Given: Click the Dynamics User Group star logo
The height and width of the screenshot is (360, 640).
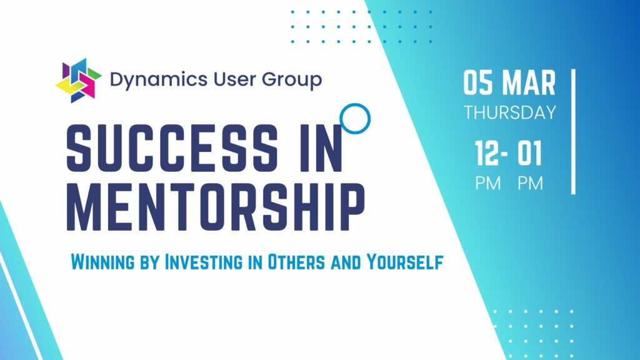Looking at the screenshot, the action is [78, 81].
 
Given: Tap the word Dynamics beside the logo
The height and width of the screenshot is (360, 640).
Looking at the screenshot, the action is [159, 80].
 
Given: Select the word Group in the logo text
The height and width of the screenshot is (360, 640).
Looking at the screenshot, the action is [292, 80].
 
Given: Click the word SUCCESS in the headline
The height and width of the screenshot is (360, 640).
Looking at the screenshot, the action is [172, 147].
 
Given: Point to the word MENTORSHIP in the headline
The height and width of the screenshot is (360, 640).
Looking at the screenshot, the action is [216, 206].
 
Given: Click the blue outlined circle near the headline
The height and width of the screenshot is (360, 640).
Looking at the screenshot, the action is [355, 118].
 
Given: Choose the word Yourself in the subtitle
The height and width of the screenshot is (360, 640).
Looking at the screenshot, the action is [404, 262].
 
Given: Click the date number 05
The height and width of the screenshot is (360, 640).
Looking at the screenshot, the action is [477, 83].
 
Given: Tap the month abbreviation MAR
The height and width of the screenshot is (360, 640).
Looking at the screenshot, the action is [529, 83].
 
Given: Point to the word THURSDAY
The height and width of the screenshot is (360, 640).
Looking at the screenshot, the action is [510, 112].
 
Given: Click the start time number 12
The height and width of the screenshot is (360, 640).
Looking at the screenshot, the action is [487, 153].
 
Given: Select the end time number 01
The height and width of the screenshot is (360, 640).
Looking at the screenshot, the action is [530, 153].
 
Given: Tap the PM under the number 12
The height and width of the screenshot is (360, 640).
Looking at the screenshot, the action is [487, 183].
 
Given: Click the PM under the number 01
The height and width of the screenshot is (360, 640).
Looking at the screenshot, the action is [530, 183].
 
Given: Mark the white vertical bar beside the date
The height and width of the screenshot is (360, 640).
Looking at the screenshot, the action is [574, 131].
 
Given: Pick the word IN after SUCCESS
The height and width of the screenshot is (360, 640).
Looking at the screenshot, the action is [321, 147].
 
